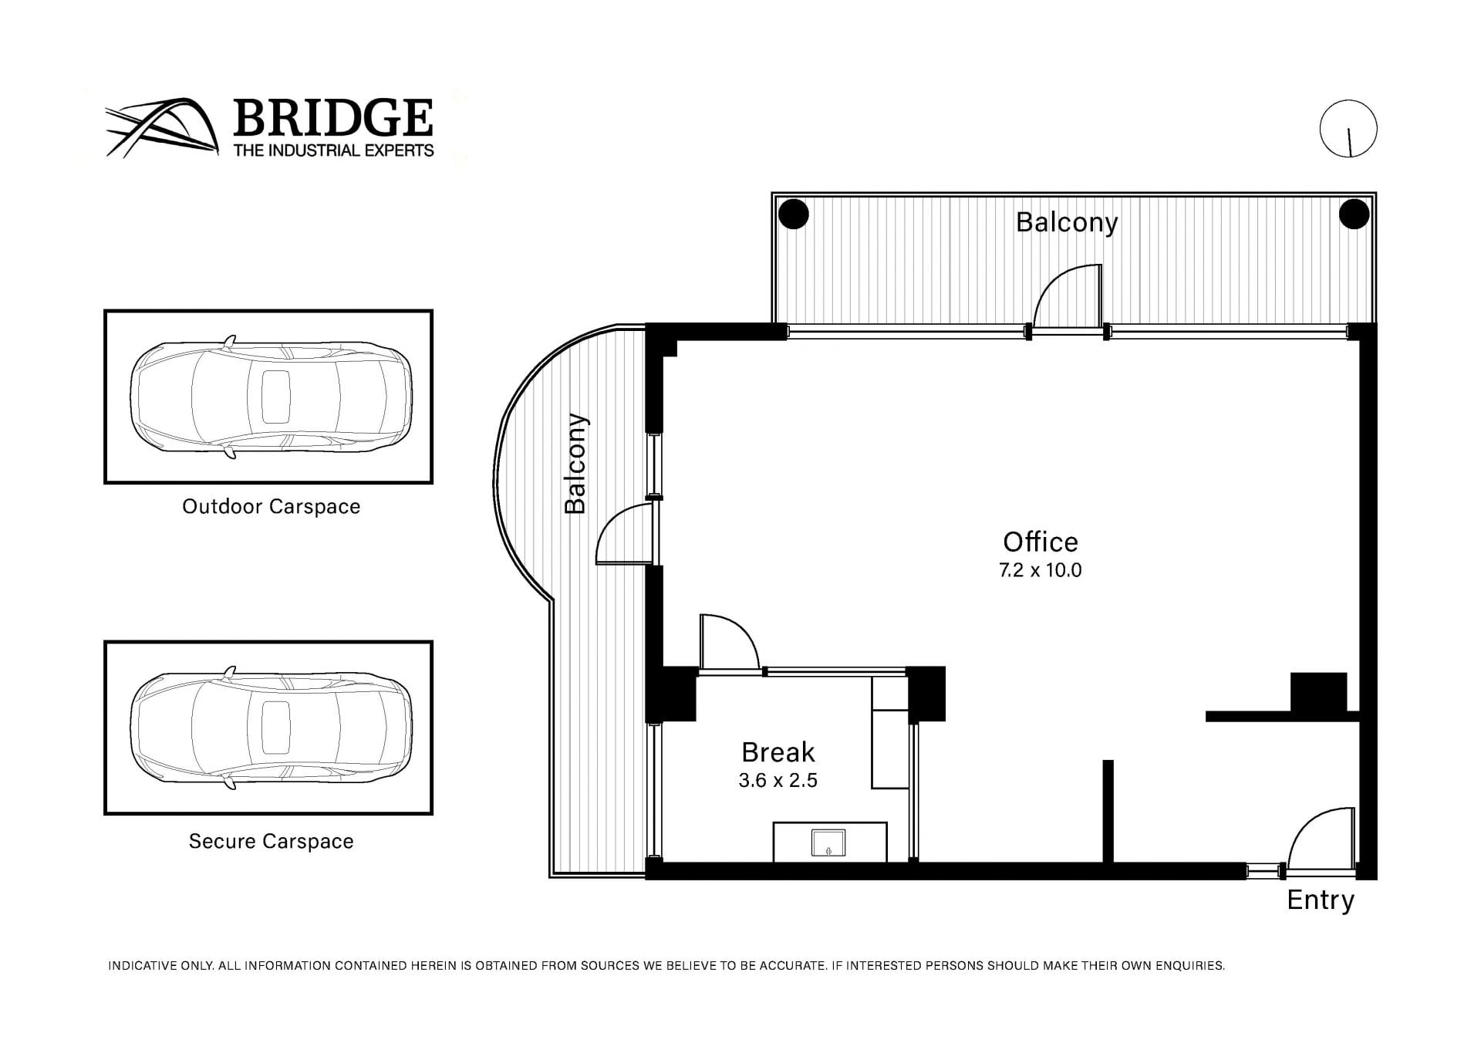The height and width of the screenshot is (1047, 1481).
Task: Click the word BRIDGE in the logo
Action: click(332, 118)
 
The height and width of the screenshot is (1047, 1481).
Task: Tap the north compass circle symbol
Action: click(1348, 129)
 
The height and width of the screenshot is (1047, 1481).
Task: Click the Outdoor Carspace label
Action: click(272, 507)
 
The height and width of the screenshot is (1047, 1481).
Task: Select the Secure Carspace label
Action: click(272, 841)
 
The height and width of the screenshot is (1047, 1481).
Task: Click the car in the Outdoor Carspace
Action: click(271, 397)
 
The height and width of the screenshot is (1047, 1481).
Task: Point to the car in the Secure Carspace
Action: click(271, 728)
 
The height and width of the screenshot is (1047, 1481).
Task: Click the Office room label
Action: click(1041, 542)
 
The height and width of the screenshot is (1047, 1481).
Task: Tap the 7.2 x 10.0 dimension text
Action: click(1041, 570)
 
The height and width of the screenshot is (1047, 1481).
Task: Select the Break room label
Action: click(778, 752)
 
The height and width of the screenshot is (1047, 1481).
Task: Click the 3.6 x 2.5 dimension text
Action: click(778, 781)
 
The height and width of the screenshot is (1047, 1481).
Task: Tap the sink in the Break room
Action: click(828, 843)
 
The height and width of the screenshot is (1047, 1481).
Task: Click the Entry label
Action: click(1321, 900)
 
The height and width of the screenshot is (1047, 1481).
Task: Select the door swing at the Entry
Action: click(1321, 841)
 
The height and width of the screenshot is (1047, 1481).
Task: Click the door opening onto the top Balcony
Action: click(1067, 298)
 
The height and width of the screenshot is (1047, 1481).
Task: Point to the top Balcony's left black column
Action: click(793, 214)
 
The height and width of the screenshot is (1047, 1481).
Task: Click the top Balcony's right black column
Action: click(1354, 214)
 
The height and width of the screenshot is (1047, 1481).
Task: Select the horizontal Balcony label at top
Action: click(1067, 222)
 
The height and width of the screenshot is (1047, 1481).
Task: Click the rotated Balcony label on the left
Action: click(575, 464)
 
